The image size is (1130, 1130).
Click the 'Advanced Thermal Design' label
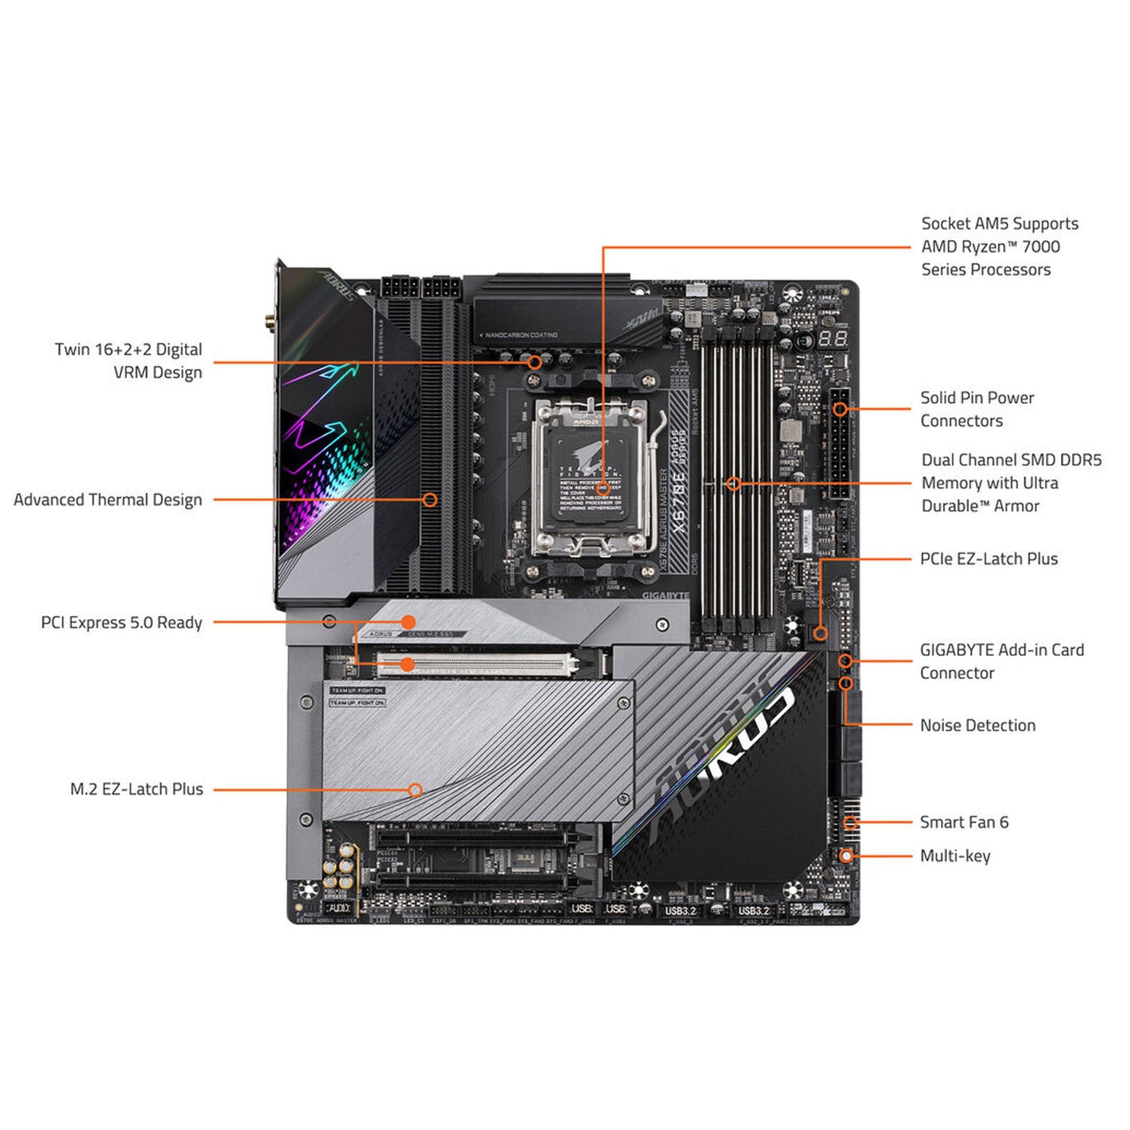108,500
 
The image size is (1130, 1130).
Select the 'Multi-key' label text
955,856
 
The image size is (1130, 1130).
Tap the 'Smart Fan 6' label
963,822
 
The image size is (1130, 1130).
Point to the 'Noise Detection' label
978,725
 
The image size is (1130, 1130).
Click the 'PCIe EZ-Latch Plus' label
988,558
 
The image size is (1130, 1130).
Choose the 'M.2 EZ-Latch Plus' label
136,789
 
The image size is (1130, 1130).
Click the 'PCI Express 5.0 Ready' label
121,622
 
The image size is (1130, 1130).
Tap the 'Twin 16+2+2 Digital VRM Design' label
128,361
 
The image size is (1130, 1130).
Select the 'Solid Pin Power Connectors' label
977,409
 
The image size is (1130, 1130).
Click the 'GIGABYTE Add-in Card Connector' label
1001,661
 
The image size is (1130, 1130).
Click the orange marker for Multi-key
845,856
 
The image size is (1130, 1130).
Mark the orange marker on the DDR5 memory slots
733,483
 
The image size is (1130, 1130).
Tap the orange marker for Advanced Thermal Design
429,499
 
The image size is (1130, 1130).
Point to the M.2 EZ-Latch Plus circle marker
415,790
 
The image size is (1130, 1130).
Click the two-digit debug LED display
834,339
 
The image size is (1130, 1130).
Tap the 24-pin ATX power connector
839,443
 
